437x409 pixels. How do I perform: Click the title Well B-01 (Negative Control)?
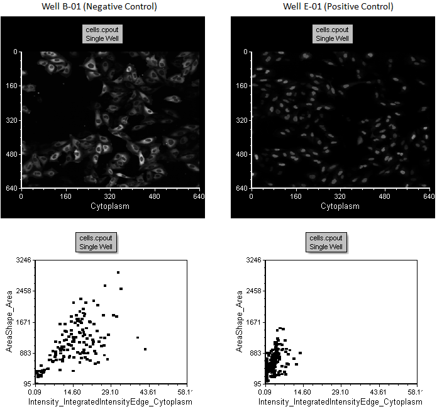(104, 7)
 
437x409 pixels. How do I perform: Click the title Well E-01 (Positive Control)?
(338, 7)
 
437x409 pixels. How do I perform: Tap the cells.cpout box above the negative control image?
(103, 34)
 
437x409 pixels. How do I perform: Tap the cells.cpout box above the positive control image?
(333, 34)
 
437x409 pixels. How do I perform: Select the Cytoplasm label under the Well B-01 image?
(110, 206)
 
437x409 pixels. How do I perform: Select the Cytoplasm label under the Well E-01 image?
(340, 206)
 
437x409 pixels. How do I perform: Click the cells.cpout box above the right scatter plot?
(326, 242)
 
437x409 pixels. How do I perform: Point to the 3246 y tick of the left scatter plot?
(23, 261)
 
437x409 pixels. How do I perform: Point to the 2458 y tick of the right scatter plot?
(253, 291)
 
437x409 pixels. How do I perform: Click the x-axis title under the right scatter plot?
(340, 401)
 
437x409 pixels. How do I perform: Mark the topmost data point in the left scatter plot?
(118, 272)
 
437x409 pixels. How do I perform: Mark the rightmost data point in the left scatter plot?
(145, 349)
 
